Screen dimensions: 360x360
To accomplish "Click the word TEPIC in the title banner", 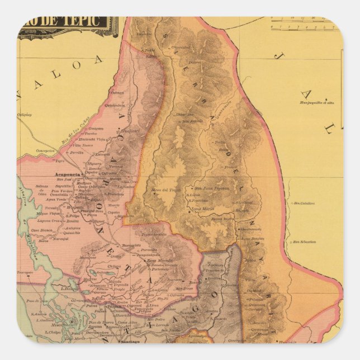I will pyautogui.click(x=87, y=22).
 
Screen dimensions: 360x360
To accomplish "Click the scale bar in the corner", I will pyautogui.click(x=305, y=26).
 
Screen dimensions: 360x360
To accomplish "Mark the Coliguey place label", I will pyautogui.click(x=25, y=115).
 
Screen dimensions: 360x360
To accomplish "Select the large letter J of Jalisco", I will pyautogui.click(x=278, y=55).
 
